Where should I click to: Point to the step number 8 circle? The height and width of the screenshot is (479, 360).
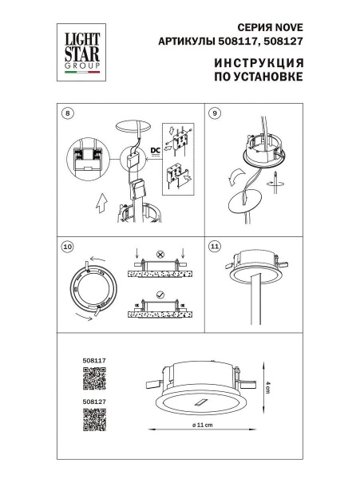[x=66, y=113]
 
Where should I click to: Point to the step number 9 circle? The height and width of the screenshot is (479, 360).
[x=214, y=113]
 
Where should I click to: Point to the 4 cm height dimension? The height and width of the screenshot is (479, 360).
[x=270, y=382]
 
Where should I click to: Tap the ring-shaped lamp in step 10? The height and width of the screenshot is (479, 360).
[x=94, y=291]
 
